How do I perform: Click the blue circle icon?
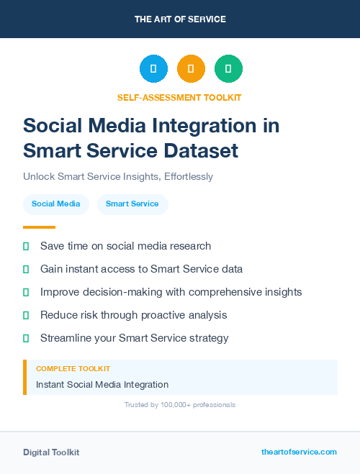tap(153, 69)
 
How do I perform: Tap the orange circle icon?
tap(191, 69)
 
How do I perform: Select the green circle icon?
tap(228, 69)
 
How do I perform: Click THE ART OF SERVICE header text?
tap(180, 19)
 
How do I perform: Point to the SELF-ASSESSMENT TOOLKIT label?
tap(180, 97)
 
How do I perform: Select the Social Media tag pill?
tap(56, 204)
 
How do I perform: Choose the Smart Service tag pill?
tap(132, 204)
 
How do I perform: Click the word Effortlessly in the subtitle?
tap(189, 176)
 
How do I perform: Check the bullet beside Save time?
tap(26, 247)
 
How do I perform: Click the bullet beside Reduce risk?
tap(26, 316)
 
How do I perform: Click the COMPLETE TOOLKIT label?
tap(73, 369)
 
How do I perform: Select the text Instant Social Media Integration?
tap(102, 385)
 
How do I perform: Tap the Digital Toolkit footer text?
tap(51, 452)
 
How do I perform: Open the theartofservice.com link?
tap(299, 452)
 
